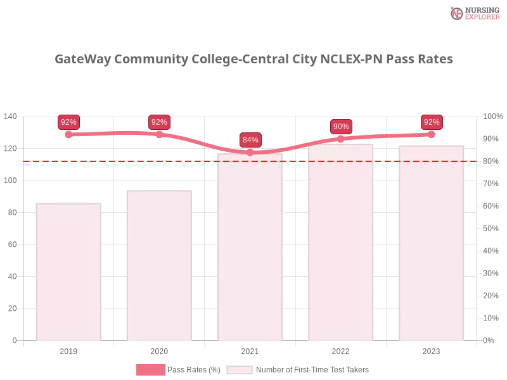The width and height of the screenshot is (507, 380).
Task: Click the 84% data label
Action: coord(250,140)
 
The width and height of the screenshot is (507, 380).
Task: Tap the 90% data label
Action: coord(341,127)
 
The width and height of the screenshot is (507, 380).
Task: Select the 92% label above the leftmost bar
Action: coord(68,122)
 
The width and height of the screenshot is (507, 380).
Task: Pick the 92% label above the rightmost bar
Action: coord(432,122)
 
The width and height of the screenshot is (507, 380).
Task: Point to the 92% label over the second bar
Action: coord(159,122)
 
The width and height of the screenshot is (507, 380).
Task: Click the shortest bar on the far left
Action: coord(68,272)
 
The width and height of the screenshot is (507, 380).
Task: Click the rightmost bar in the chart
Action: coord(432,243)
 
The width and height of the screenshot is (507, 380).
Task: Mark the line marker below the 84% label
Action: coord(250,152)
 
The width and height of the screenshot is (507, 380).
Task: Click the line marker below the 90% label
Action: coord(341,139)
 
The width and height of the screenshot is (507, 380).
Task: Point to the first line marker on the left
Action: coord(68,134)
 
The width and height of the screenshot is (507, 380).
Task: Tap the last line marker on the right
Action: coord(432,134)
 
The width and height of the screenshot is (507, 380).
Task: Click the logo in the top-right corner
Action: coord(473,13)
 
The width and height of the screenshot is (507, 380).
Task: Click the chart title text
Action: coord(253,60)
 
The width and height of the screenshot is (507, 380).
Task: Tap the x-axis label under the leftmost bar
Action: coord(68,350)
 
